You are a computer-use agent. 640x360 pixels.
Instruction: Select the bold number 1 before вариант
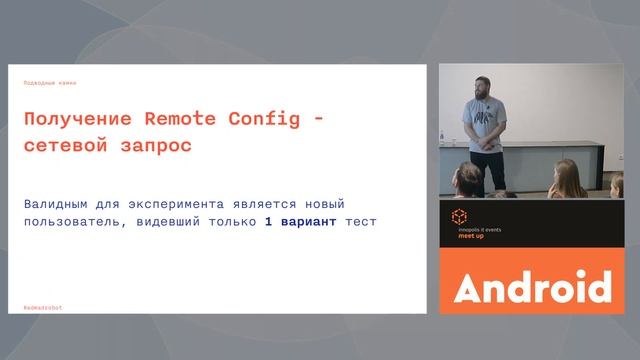(x=268, y=221)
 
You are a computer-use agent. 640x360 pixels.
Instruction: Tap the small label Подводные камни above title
(x=50, y=82)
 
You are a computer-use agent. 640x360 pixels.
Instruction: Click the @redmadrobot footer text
(x=43, y=308)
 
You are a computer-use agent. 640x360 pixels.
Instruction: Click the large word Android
(x=532, y=287)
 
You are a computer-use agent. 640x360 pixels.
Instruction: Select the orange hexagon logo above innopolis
(x=460, y=216)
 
